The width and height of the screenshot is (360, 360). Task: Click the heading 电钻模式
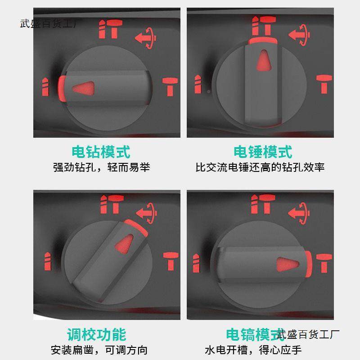(x=101, y=152)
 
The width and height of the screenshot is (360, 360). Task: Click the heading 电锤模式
(x=262, y=152)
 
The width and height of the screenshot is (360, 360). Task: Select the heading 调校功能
(x=96, y=334)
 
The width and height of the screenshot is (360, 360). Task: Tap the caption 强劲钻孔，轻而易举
(x=101, y=167)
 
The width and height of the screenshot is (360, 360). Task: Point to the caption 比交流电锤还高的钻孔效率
(x=260, y=167)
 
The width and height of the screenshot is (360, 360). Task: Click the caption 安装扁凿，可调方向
(x=99, y=350)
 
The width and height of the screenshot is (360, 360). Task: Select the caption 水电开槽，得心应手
(x=253, y=350)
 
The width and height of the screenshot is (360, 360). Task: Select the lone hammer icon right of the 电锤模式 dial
(x=323, y=84)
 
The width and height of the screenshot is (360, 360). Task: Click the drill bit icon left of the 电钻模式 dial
(x=45, y=86)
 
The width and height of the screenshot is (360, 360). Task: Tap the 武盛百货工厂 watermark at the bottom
(x=308, y=334)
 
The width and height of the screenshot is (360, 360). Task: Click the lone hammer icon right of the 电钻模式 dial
(x=170, y=86)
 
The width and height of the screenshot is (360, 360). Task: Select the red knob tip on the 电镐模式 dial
(x=308, y=262)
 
